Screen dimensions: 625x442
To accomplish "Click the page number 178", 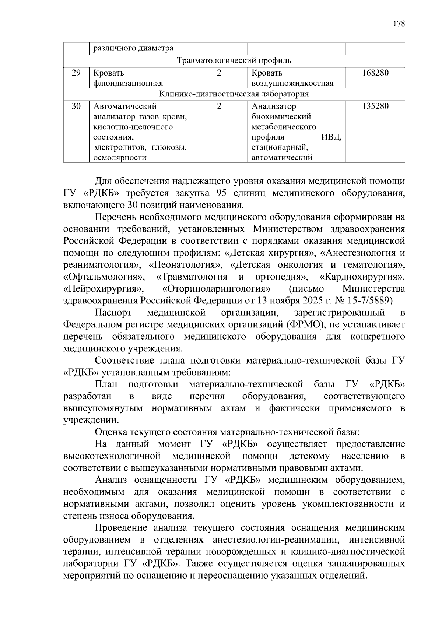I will point(399,24).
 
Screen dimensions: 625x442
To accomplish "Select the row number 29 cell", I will point(76,73).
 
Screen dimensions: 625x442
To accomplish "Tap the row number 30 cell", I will point(76,106).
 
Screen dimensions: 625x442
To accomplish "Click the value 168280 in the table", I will point(375,73).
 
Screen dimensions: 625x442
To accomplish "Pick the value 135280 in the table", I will point(375,106).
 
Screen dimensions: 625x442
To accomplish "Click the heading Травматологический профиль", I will point(234,60).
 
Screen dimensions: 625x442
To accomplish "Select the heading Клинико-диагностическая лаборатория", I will point(234,94).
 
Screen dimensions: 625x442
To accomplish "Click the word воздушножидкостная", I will point(292,83).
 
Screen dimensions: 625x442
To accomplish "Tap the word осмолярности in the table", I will point(120,158).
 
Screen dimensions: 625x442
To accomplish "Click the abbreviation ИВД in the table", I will point(331,137).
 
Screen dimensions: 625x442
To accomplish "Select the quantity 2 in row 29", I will point(219,73).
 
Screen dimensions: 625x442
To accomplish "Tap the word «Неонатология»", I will point(185,265).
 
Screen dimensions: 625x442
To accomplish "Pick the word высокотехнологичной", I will point(112,456).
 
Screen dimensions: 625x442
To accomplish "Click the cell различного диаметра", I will point(133,48).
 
